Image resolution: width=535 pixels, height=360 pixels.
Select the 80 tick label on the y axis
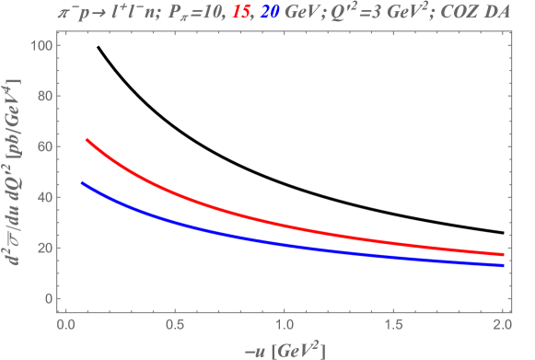[x=41, y=97]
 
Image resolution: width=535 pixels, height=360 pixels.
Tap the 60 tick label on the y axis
[x=41, y=147]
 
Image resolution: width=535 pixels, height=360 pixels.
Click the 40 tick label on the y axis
[x=41, y=198]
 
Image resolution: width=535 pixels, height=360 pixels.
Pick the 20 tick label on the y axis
[x=41, y=249]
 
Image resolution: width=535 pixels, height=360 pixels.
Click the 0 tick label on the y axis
[x=45, y=299]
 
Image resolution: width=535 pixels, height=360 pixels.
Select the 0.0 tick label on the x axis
[x=65, y=325]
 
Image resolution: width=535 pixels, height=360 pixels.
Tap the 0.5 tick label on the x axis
[x=175, y=325]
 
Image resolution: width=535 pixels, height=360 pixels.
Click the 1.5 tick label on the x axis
[x=394, y=325]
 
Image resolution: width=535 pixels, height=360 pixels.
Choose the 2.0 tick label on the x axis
[x=503, y=325]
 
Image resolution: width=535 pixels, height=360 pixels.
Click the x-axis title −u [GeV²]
[x=285, y=348]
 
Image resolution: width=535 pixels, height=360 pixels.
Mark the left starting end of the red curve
[x=87, y=140]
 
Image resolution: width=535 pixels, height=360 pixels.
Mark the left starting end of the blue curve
[x=82, y=182]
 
